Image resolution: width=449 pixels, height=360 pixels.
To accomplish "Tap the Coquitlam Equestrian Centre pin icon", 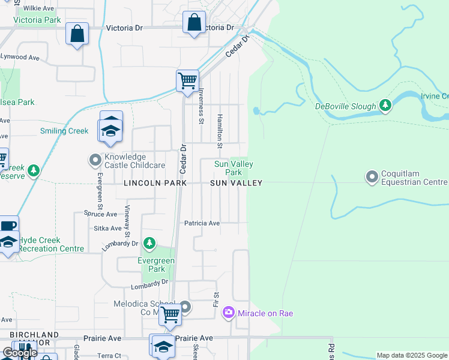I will coord(372,176).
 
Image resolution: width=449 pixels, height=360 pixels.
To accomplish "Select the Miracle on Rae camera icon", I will coord(228,313).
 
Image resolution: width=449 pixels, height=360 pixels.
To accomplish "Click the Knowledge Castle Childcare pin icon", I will coord(95,160).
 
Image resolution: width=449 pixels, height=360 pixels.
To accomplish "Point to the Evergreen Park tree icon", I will coord(149,244).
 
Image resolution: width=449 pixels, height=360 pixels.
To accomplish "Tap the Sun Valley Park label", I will coord(234,168).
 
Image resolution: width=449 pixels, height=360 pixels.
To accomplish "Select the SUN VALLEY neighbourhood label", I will coord(236,183).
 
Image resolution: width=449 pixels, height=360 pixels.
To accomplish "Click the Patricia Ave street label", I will coord(202,223).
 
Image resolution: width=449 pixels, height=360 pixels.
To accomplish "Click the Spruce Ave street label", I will coord(101,214).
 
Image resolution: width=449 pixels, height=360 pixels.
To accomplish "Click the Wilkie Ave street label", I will coord(39,8).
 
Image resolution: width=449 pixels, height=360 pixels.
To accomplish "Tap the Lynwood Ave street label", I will coord(20,57).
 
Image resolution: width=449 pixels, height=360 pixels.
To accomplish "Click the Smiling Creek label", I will coord(64,131).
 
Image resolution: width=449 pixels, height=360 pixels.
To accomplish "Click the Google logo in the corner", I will coord(20,353).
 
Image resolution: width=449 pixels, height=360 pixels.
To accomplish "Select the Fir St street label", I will coord(215,299).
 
